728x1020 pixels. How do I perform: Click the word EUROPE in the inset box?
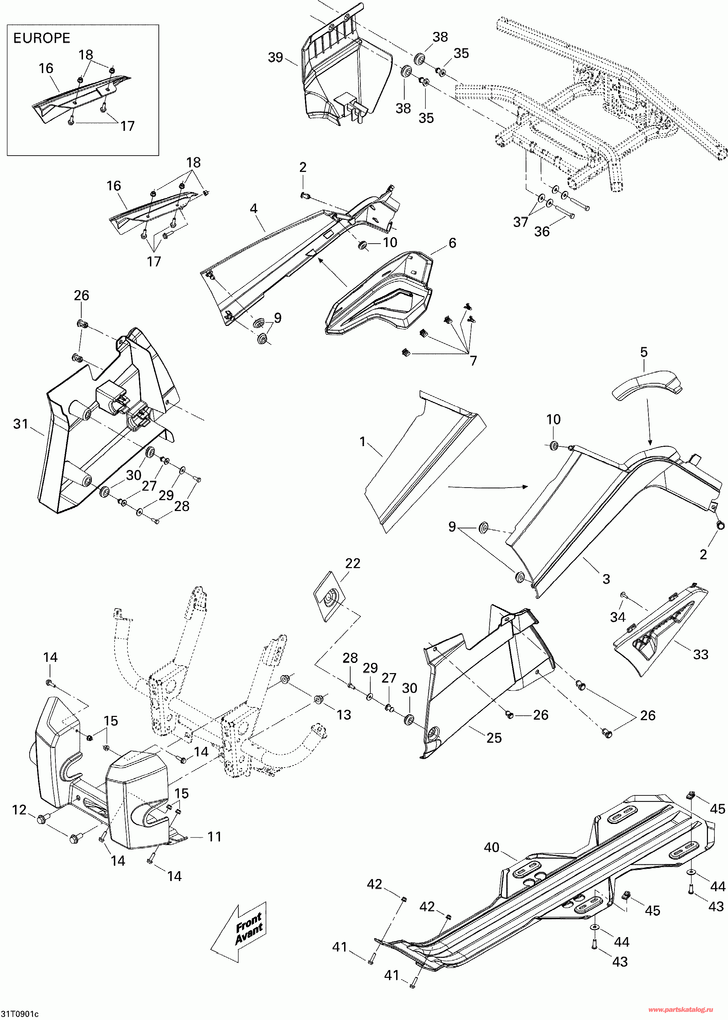[x=42, y=38]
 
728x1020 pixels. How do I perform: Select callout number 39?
[x=275, y=58]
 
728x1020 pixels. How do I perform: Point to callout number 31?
[x=21, y=424]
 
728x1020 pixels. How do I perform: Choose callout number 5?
[x=644, y=352]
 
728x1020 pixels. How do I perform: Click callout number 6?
[x=452, y=243]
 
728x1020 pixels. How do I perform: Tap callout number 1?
[x=363, y=442]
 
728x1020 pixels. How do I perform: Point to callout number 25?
[x=494, y=738]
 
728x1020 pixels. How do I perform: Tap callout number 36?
[x=542, y=232]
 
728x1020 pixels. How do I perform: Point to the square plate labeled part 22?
[x=331, y=597]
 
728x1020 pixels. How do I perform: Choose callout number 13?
[x=344, y=715]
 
